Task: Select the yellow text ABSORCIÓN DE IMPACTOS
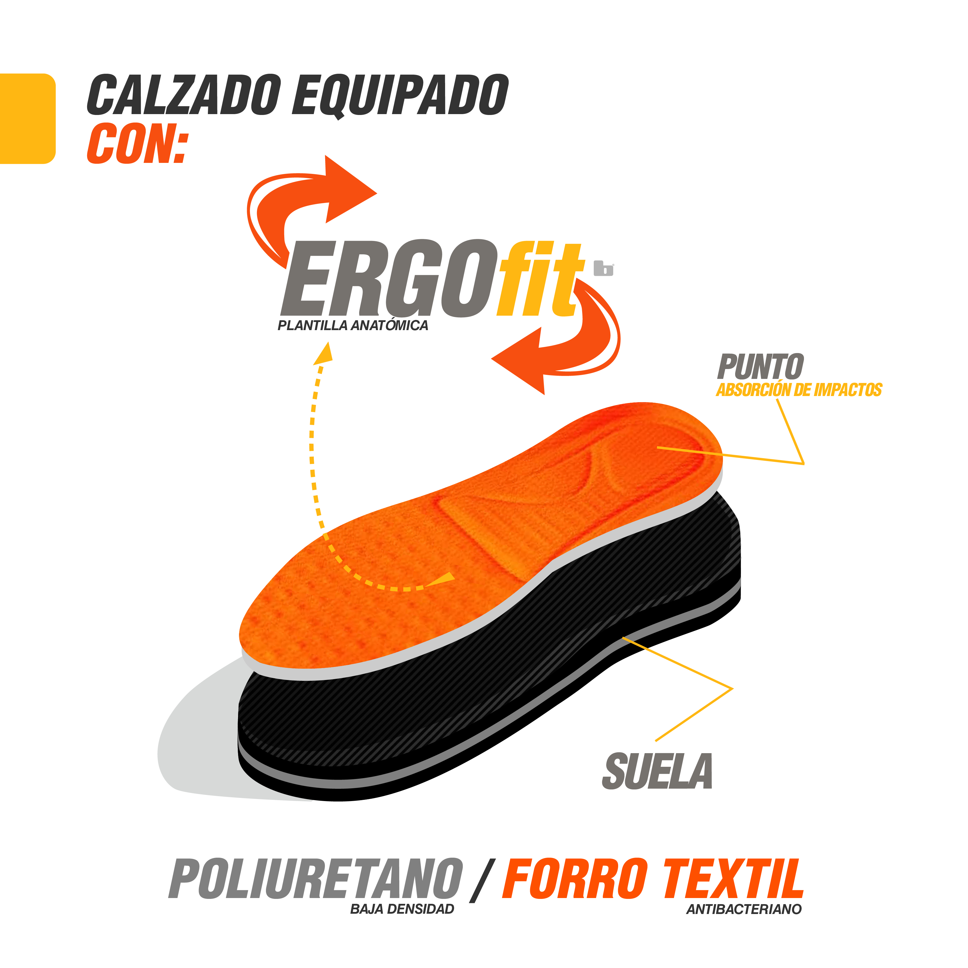799,390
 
